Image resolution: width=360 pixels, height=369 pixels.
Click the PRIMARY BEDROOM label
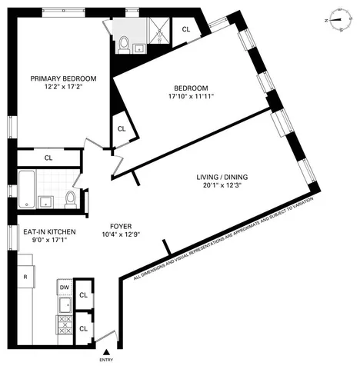coord(63,78)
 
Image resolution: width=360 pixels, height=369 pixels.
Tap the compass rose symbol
coord(337,20)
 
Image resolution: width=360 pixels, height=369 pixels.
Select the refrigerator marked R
coord(25,277)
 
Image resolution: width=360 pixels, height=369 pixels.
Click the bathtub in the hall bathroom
coord(25,190)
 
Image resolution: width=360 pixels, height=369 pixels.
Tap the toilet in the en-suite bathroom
coord(124,45)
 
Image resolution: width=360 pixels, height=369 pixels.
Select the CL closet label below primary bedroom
coord(48,158)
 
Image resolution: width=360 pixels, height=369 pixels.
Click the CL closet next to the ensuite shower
coord(186,29)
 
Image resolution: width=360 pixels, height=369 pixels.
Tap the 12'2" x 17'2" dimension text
coord(63,88)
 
